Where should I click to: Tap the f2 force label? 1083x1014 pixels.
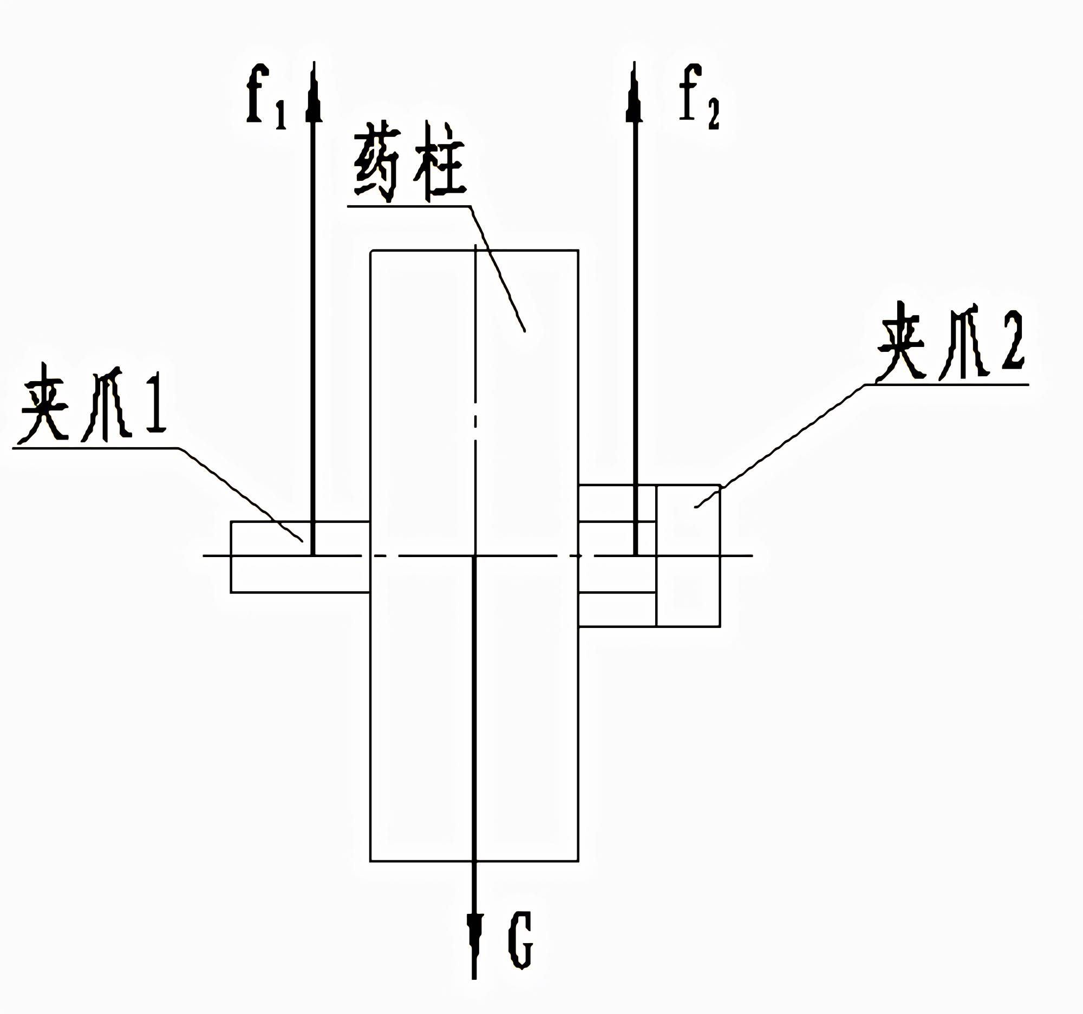tap(699, 96)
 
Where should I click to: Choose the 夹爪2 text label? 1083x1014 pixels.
tap(951, 343)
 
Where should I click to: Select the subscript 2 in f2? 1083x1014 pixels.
tap(713, 115)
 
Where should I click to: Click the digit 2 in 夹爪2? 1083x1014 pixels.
tap(1012, 342)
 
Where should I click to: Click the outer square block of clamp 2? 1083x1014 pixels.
tap(688, 555)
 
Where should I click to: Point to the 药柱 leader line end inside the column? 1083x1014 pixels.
tap(524, 330)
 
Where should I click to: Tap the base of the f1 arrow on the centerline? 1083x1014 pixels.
tap(312, 555)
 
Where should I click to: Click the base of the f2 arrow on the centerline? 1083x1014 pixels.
tap(635, 555)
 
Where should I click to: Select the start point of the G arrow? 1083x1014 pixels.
tap(474, 556)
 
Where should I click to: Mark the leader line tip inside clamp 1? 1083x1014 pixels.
tap(302, 541)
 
